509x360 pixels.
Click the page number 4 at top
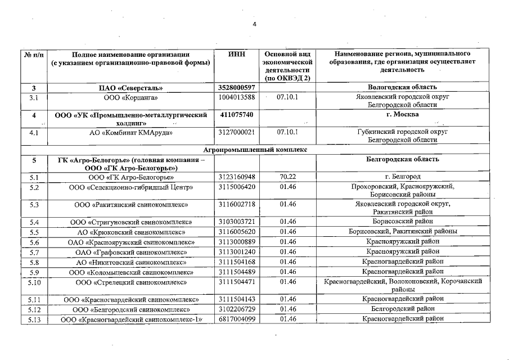(x=254, y=25)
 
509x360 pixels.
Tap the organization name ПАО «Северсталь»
(x=130, y=88)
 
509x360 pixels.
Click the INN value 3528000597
(x=236, y=88)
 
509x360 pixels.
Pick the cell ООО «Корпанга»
(x=130, y=97)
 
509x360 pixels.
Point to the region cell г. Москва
(x=401, y=115)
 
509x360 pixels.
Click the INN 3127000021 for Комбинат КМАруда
(x=236, y=133)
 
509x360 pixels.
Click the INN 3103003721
(x=236, y=222)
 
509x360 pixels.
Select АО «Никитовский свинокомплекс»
(x=130, y=262)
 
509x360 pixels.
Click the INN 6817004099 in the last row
(x=236, y=319)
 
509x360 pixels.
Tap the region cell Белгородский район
(x=401, y=309)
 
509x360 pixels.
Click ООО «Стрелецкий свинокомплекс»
(x=130, y=281)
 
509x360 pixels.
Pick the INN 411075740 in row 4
(x=235, y=115)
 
